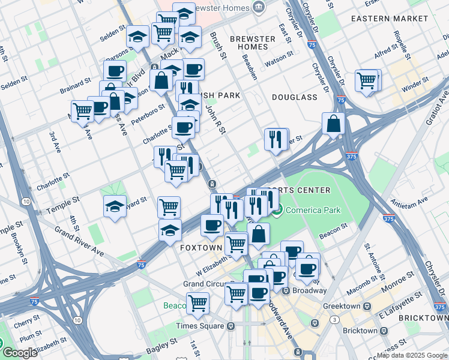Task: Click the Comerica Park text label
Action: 313,210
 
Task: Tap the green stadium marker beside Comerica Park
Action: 277,210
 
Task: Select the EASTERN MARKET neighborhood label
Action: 390,19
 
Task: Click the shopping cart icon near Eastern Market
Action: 366,80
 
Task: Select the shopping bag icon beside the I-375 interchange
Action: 332,124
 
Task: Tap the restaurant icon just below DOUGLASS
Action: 275,139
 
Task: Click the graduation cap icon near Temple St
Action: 115,206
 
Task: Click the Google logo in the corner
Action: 20,353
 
